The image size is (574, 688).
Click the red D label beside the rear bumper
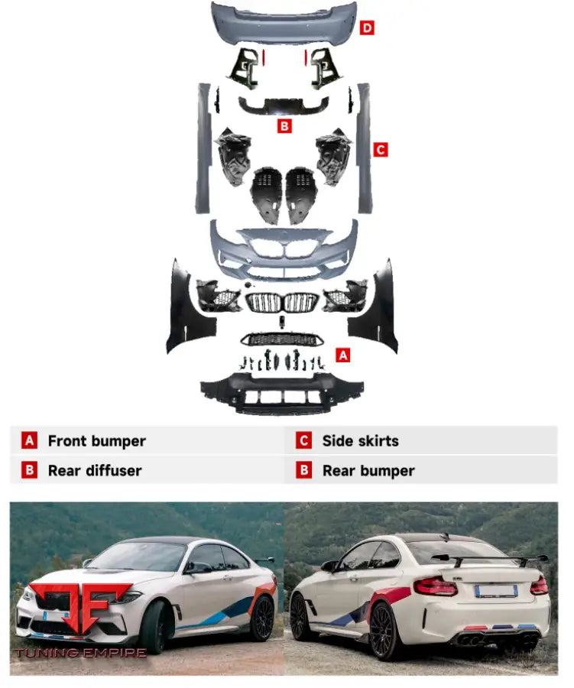pyautogui.click(x=367, y=28)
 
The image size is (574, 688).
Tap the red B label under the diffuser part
pyautogui.click(x=285, y=126)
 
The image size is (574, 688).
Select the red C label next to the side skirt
pyautogui.click(x=381, y=150)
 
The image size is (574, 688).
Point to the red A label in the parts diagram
pyautogui.click(x=343, y=355)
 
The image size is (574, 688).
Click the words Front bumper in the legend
pyautogui.click(x=97, y=441)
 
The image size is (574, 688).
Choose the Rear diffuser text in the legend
pyautogui.click(x=95, y=471)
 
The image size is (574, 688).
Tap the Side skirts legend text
pyautogui.click(x=361, y=441)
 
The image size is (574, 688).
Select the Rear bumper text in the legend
pyautogui.click(x=368, y=471)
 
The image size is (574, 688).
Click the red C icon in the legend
pyautogui.click(x=303, y=440)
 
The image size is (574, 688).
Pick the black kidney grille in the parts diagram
pyautogui.click(x=282, y=303)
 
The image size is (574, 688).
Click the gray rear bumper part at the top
pyautogui.click(x=284, y=22)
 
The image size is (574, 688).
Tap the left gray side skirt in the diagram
pyautogui.click(x=203, y=148)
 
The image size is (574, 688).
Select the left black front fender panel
pyautogui.click(x=189, y=307)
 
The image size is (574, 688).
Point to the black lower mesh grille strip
pyautogui.click(x=281, y=339)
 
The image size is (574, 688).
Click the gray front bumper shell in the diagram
pyautogui.click(x=284, y=250)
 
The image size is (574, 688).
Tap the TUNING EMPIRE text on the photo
pyautogui.click(x=81, y=653)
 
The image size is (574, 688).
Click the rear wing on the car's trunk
pyautogui.click(x=490, y=560)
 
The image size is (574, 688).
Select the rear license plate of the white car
pyautogui.click(x=496, y=591)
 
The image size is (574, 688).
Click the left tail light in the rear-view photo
pyautogui.click(x=436, y=586)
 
